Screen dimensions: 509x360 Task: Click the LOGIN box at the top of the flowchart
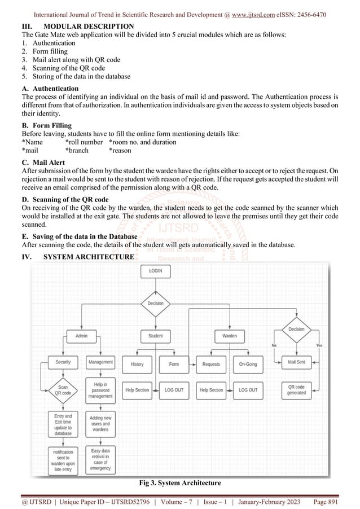pos(155,271)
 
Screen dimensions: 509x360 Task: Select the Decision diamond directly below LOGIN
pos(155,303)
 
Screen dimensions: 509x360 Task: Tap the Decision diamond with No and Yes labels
pos(296,329)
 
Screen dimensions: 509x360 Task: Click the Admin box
pos(81,336)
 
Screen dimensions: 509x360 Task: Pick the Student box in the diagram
pos(155,336)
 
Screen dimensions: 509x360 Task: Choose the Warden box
pos(229,336)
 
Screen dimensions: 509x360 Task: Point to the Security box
pos(63,362)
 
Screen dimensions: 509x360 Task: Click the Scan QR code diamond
pos(63,390)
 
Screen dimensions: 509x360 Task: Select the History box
pos(137,364)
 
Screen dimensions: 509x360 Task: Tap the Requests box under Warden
pos(211,364)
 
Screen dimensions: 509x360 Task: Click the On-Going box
pos(248,364)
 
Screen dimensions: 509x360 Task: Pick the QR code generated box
pos(296,390)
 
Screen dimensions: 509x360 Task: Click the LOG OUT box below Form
pos(174,390)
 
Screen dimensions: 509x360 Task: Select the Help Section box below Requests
pos(211,390)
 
